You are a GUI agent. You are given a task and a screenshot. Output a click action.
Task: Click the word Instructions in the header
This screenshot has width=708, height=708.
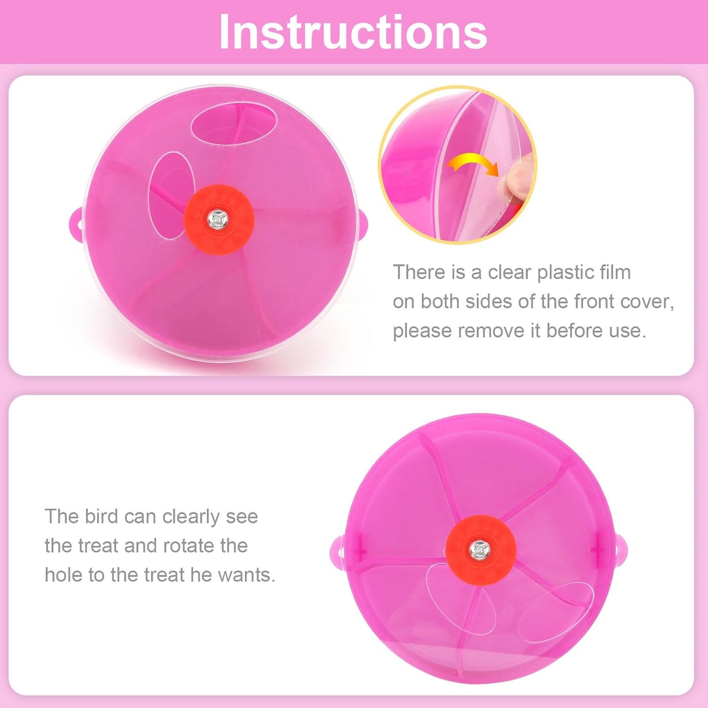353,32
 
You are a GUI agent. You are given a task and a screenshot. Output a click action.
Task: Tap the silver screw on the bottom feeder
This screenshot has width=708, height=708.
479,550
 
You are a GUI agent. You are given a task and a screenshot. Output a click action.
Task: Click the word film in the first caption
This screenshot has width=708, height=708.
616,272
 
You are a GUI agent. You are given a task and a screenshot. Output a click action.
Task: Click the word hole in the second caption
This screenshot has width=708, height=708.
63,575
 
